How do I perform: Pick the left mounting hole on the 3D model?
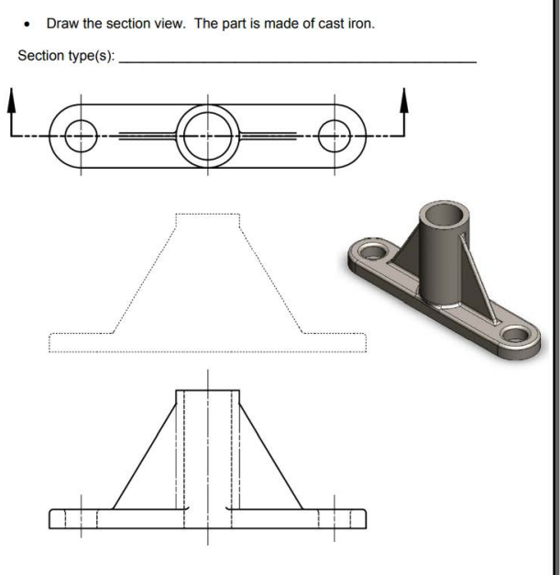(x=372, y=249)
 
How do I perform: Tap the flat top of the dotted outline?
(x=207, y=214)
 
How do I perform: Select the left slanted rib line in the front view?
(x=145, y=449)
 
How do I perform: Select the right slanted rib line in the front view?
(x=271, y=449)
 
